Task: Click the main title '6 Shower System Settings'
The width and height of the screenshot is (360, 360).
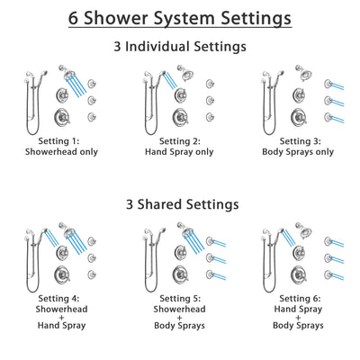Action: [x=180, y=17]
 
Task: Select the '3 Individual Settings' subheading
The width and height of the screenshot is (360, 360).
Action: [x=180, y=46]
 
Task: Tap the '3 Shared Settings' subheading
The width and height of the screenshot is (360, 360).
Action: [x=180, y=204]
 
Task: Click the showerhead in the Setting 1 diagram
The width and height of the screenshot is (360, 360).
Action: [x=67, y=71]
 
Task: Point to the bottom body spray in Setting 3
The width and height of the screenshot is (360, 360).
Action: [x=328, y=116]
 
